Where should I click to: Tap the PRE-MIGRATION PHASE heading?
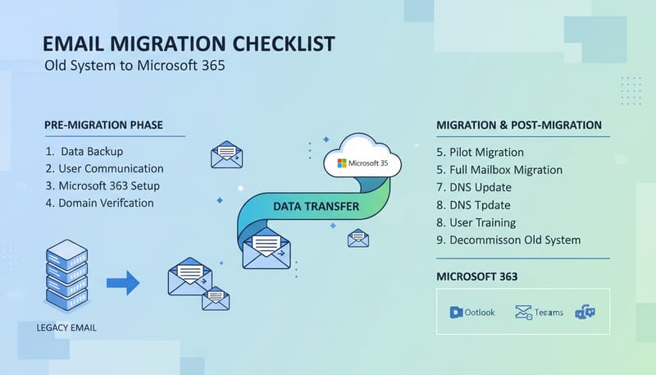pyautogui.click(x=103, y=125)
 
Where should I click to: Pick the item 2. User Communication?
pyautogui.click(x=105, y=169)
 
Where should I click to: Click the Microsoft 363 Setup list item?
pyautogui.click(x=103, y=185)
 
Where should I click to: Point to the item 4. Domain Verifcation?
pyautogui.click(x=100, y=203)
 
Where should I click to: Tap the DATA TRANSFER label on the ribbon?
pyautogui.click(x=316, y=206)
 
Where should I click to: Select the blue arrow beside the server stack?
pyautogui.click(x=123, y=284)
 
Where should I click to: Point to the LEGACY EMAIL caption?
pyautogui.click(x=66, y=328)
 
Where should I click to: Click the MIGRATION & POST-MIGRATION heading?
pyautogui.click(x=519, y=125)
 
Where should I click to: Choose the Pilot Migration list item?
pyautogui.click(x=481, y=152)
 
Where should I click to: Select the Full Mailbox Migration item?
pyautogui.click(x=499, y=170)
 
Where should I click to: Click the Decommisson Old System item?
pyautogui.click(x=508, y=240)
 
